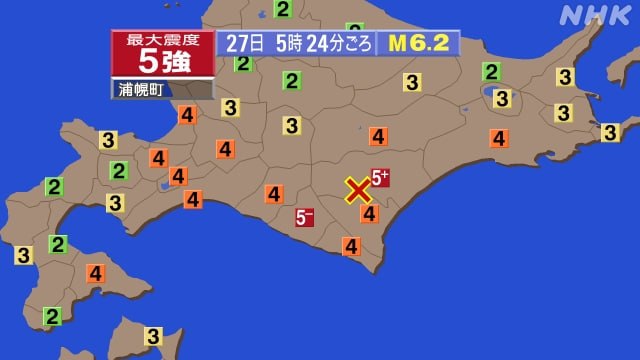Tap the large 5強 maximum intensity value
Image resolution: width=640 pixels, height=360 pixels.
[x=162, y=62]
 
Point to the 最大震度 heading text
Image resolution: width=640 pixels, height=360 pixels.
[x=162, y=39]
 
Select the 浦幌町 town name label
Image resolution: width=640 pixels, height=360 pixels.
[x=143, y=89]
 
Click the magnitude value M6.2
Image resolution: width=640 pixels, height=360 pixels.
[x=417, y=43]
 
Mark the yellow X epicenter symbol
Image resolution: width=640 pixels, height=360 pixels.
[x=357, y=190]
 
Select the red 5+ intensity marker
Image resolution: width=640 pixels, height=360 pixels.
[x=381, y=178]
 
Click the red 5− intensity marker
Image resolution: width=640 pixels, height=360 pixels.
[x=305, y=216]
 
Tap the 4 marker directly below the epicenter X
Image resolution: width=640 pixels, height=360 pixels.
[x=369, y=212]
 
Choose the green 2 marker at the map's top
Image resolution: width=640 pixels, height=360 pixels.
[x=283, y=9]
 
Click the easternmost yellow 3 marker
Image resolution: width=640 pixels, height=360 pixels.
[x=610, y=132]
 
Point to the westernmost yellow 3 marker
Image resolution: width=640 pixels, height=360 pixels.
[x=23, y=255]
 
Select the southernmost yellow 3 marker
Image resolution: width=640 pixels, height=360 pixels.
[x=153, y=337]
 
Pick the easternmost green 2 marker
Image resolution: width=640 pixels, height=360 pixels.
[x=491, y=71]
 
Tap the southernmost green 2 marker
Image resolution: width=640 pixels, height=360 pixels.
[x=52, y=317]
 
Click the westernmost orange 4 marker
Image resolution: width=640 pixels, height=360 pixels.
[x=95, y=272]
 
